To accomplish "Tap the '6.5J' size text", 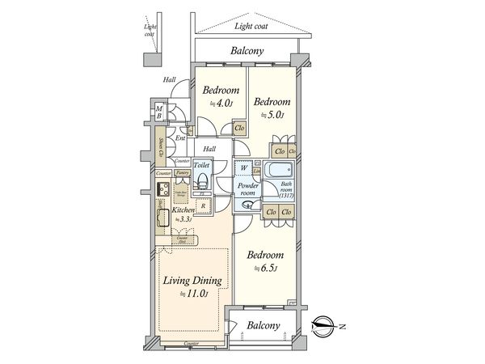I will [266, 269].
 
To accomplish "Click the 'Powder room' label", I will [247, 188].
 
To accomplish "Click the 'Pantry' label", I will [183, 173].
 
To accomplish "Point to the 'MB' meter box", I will [160, 112].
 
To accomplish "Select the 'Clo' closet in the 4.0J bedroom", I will [239, 127].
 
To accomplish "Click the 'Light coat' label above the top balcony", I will [251, 27].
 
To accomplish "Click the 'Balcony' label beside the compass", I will [264, 327].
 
